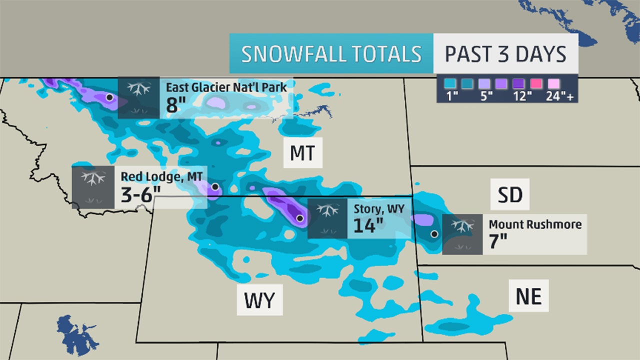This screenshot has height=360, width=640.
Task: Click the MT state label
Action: click(302, 153)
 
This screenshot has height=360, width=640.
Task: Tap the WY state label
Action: click(259, 300)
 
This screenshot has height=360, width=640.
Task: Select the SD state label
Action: click(509, 195)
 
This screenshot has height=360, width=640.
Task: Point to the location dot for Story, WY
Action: click(299, 218)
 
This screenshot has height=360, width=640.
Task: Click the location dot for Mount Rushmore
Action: click(434, 233)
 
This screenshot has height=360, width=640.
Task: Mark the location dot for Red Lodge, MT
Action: click(215, 186)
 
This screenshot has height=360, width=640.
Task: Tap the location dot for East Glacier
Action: click(109, 97)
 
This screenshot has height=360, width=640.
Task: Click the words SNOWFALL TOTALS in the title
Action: click(330, 54)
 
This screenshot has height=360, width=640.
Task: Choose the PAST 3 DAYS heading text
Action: click(505, 54)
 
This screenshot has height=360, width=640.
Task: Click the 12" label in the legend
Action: click(521, 96)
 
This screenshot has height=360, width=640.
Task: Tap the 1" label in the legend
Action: click(452, 96)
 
